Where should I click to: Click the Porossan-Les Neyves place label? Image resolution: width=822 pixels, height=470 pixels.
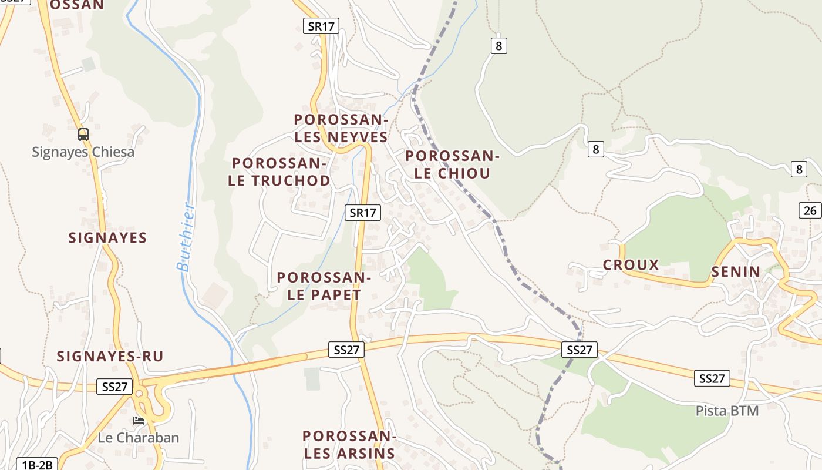click(x=341, y=128)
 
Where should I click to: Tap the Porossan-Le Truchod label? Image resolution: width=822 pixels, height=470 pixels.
click(x=279, y=172)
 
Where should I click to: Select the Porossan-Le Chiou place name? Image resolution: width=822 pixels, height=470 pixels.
click(x=452, y=164)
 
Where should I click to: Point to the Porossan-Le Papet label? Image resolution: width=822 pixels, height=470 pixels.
click(x=324, y=286)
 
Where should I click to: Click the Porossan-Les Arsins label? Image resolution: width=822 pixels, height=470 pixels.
click(x=349, y=445)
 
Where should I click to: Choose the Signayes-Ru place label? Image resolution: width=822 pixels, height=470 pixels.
click(x=110, y=356)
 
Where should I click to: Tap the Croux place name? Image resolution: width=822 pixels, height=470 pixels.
click(x=631, y=265)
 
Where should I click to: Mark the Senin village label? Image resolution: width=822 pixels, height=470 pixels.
click(x=736, y=272)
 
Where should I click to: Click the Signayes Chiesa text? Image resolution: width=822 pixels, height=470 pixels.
click(x=83, y=152)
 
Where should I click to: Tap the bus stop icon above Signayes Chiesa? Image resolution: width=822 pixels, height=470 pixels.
click(x=83, y=135)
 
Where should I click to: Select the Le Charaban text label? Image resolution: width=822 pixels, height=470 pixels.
click(x=139, y=438)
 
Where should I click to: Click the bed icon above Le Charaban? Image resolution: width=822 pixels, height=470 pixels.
click(x=139, y=420)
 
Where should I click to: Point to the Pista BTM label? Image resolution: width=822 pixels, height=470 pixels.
click(x=727, y=411)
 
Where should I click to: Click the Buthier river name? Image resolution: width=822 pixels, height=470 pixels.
click(x=186, y=237)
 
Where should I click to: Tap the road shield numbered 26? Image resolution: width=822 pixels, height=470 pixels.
click(x=810, y=210)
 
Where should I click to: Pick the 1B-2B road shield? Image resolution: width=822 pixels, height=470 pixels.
click(x=38, y=465)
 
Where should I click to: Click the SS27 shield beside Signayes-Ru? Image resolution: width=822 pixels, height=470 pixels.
click(x=114, y=387)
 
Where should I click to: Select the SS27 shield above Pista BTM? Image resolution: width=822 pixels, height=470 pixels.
click(x=712, y=378)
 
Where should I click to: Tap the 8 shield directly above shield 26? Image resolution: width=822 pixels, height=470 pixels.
click(x=799, y=169)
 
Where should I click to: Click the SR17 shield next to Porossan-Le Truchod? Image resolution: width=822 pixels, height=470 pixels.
click(x=362, y=213)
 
